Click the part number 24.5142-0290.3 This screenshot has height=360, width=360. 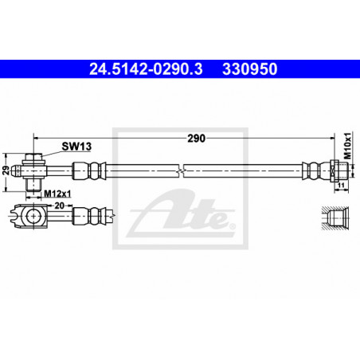pos(146,69)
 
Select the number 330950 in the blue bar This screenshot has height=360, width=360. pos(250,69)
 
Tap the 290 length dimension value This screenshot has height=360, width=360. pos(196,139)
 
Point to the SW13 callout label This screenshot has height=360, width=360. pos(76,147)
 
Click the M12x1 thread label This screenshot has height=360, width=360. pos(57,194)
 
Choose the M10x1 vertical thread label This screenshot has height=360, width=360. pos(347,146)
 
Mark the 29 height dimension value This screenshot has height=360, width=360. pos(6,170)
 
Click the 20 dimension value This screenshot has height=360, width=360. pos(59,205)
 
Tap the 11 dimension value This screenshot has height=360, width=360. pos(342,186)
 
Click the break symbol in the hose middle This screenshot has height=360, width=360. pos(181,170)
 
